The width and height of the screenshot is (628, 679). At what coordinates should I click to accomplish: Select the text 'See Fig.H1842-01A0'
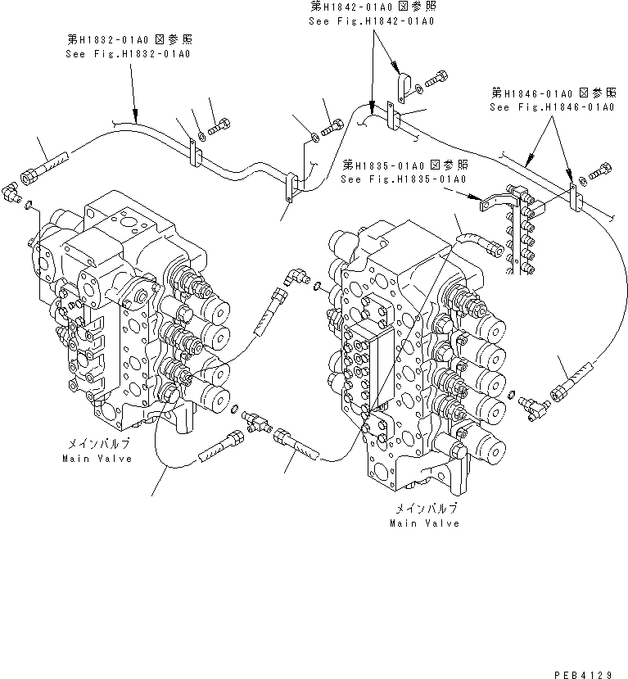(x=370, y=20)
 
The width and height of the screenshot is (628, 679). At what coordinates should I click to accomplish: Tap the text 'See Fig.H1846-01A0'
(x=551, y=107)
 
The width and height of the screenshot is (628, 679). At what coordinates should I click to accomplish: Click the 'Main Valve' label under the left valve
(x=91, y=458)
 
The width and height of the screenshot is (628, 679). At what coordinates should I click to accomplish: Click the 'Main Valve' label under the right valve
(x=424, y=523)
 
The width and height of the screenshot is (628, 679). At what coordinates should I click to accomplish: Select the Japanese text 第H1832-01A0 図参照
(x=131, y=39)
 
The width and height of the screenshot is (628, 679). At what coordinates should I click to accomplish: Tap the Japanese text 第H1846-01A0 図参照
(x=552, y=93)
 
